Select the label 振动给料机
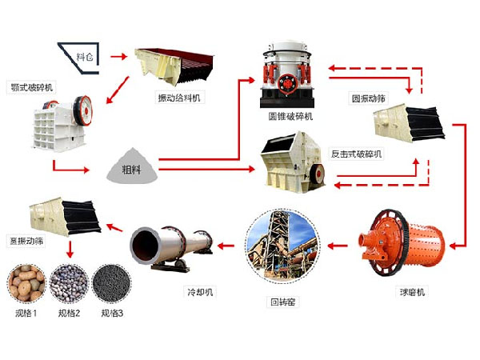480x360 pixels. [x=181, y=98]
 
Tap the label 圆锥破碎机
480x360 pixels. [x=290, y=116]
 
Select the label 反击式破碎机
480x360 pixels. [x=358, y=152]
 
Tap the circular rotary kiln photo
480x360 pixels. [x=282, y=243]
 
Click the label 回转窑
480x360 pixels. [x=282, y=302]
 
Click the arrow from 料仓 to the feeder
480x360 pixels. [x=119, y=57]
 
